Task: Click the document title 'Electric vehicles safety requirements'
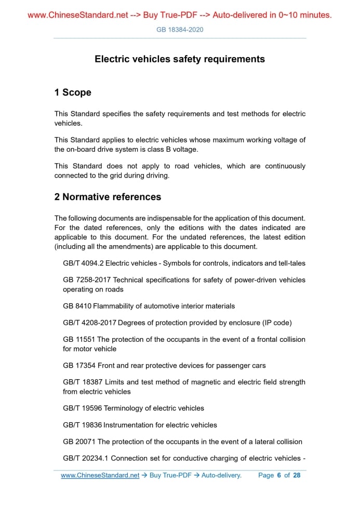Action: pos(180,59)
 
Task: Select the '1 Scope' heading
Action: pos(73,92)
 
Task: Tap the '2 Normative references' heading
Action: pos(108,197)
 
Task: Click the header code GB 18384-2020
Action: pos(180,30)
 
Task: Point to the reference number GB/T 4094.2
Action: pos(83,263)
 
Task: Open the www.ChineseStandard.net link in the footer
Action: pos(100,475)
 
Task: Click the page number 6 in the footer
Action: pos(279,475)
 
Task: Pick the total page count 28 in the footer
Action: pos(297,475)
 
